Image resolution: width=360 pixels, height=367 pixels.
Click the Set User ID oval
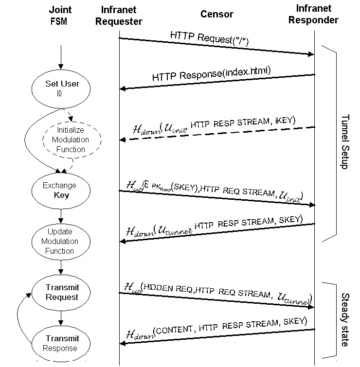[x=62, y=88]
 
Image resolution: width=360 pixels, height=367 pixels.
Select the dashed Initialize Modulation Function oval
[x=71, y=140]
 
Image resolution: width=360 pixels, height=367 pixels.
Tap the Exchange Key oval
[x=60, y=190]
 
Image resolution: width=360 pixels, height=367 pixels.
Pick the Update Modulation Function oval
[x=60, y=241]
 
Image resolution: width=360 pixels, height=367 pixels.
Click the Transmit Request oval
[x=62, y=292]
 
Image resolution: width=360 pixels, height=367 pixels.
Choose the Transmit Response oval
[x=62, y=343]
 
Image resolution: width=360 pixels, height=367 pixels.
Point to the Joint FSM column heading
[x=60, y=15]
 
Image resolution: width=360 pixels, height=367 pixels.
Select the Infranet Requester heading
[x=122, y=15]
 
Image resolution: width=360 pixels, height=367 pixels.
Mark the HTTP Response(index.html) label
[x=211, y=75]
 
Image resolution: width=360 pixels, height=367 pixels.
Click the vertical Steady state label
[x=344, y=319]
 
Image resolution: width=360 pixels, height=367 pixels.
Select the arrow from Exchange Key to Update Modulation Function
[x=60, y=216]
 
